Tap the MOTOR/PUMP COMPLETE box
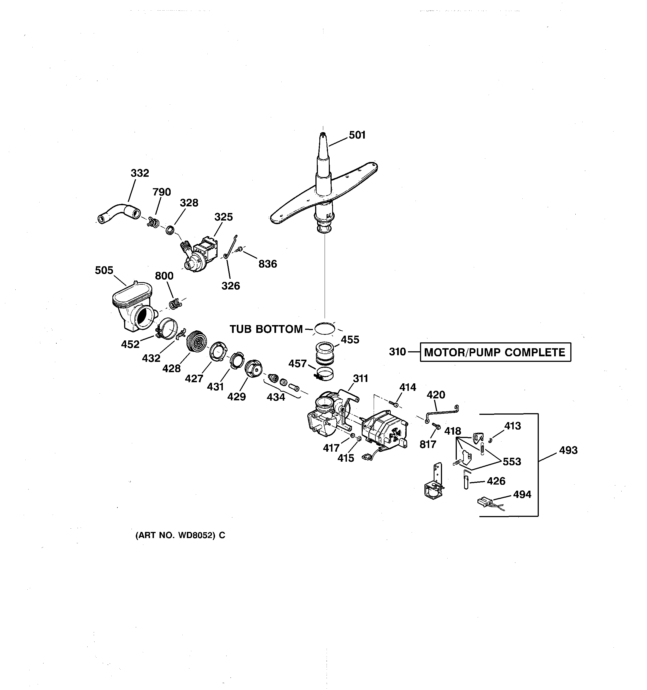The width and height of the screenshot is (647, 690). point(495,352)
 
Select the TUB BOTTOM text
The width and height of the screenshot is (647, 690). point(266,329)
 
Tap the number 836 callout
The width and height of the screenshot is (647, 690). point(267,264)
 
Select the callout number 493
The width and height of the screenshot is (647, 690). point(568,450)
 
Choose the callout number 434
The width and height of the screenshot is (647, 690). point(276,397)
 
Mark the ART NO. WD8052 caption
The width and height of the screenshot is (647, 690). point(180,536)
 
